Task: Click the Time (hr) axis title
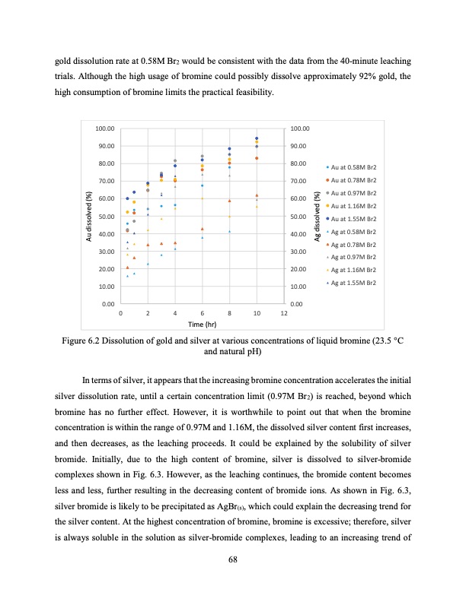pyautogui.click(x=202, y=324)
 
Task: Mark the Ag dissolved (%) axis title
pyautogui.click(x=316, y=214)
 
